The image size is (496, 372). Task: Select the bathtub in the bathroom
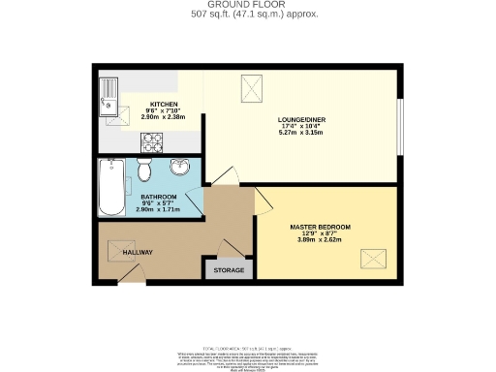(108, 189)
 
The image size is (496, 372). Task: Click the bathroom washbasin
(181, 168)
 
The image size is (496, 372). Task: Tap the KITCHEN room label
(161, 104)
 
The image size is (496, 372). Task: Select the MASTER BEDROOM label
(320, 227)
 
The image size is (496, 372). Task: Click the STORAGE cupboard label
(228, 270)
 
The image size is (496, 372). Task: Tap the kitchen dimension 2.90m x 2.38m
(161, 117)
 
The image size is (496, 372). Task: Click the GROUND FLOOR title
(248, 6)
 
